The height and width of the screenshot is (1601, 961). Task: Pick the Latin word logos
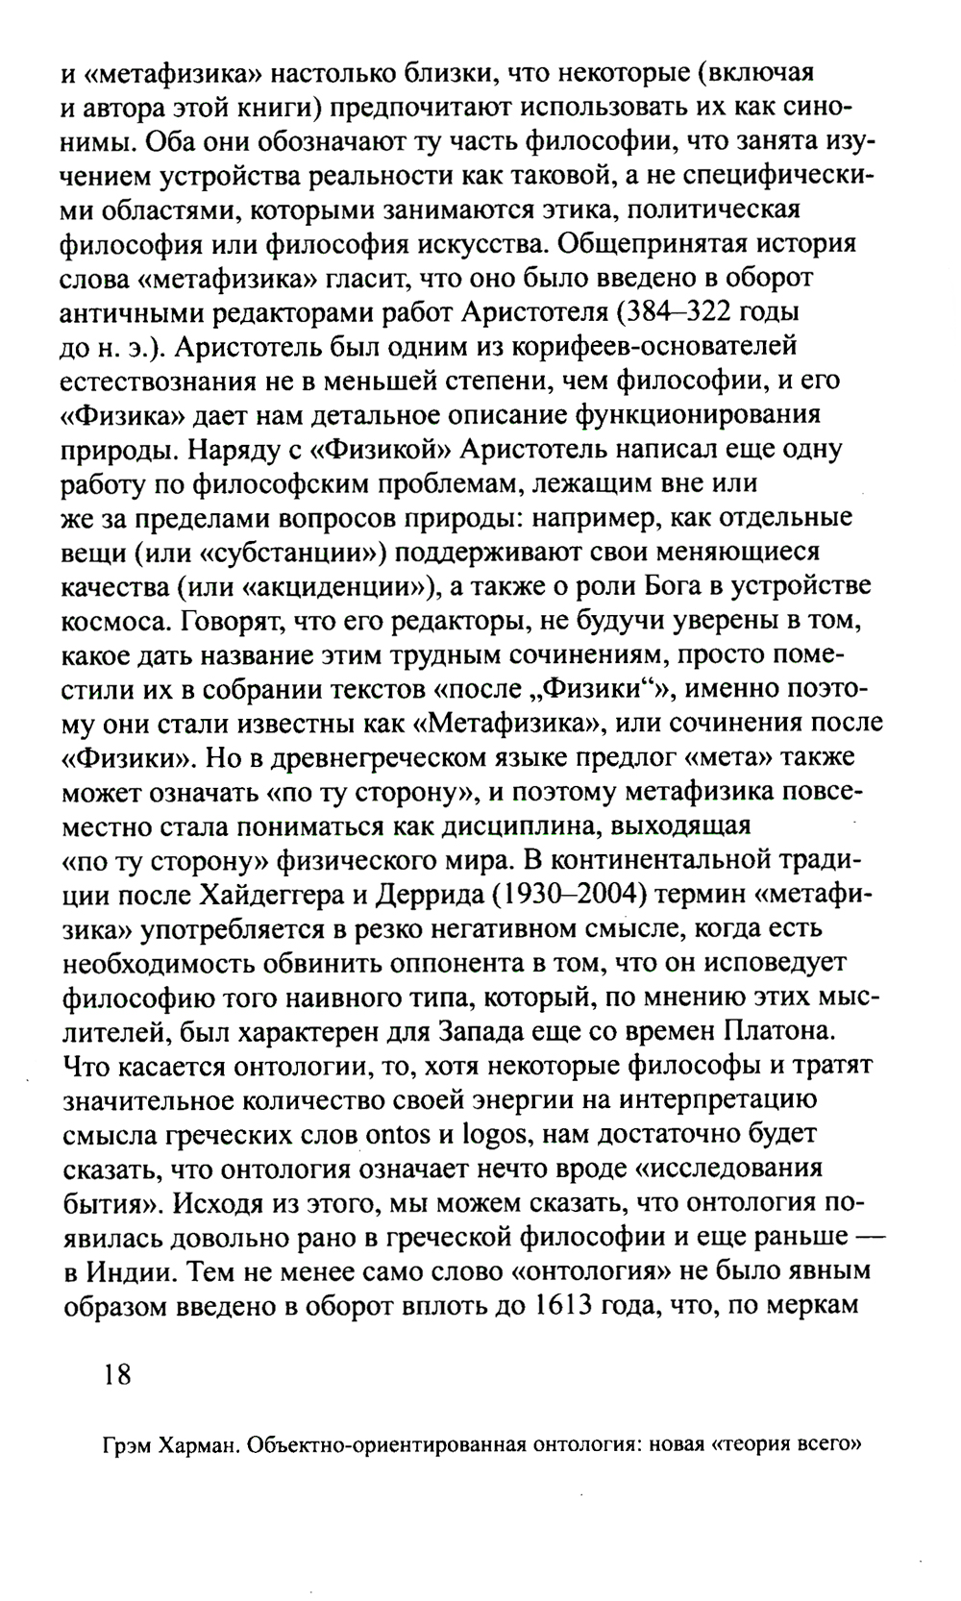pos(494,1134)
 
